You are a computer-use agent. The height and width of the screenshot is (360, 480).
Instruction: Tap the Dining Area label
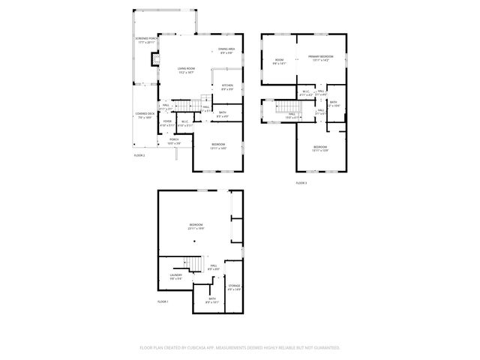(x=226, y=51)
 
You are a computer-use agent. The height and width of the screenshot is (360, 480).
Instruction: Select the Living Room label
(x=187, y=70)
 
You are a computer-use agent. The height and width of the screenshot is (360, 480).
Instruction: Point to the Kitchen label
(x=226, y=87)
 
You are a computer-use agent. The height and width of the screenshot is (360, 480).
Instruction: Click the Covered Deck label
(x=144, y=116)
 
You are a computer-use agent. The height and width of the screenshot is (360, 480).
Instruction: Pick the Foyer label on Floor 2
(x=167, y=123)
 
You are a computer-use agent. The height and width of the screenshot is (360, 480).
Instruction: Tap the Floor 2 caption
(x=139, y=155)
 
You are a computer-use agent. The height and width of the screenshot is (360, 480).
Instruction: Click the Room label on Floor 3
(x=279, y=62)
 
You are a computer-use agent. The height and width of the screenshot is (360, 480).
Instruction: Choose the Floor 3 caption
(x=301, y=182)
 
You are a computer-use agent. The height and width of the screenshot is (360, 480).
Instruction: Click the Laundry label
(x=175, y=277)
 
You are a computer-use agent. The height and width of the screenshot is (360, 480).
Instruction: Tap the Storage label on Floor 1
(x=234, y=286)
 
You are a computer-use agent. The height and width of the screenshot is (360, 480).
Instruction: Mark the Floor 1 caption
(x=163, y=301)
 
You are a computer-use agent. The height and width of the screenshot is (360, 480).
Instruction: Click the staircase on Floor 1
(x=193, y=264)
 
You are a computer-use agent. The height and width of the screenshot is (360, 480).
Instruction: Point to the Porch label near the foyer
(x=174, y=141)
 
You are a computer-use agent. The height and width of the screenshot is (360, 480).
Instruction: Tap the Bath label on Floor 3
(x=333, y=103)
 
